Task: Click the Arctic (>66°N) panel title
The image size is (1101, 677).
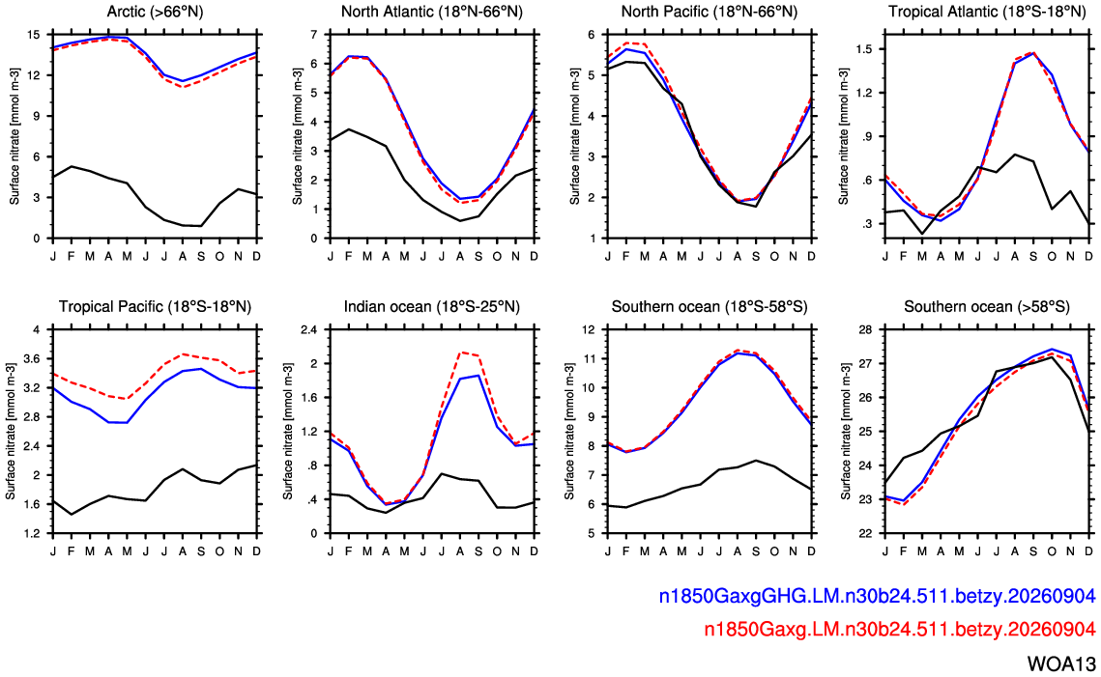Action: pos(156,12)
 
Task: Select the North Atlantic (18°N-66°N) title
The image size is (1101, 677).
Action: pos(432,12)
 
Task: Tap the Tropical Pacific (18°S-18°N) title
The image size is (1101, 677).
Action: pos(156,306)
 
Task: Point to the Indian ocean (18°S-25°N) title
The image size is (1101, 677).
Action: pos(432,306)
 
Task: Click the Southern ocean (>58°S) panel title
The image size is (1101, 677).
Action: pos(987,306)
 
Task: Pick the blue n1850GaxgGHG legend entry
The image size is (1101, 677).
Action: pos(877,596)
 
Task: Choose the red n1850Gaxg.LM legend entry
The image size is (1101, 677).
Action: pos(900,630)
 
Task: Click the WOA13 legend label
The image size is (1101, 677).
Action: pos(1061,663)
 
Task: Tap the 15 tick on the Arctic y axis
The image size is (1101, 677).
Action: pos(33,35)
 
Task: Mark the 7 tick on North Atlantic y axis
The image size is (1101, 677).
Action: pos(313,35)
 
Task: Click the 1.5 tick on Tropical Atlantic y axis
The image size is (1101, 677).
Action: pos(863,50)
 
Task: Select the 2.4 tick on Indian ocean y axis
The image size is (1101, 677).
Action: pos(309,329)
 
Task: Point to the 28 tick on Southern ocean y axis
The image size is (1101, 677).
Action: pos(866,329)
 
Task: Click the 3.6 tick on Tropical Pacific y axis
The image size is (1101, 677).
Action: pos(32,359)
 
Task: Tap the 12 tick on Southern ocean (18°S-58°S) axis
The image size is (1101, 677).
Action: pos(589,329)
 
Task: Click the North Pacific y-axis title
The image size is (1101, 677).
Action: pos(575,137)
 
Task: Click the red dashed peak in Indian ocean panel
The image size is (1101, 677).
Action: pos(461,353)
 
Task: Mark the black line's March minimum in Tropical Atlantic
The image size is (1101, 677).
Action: pos(922,234)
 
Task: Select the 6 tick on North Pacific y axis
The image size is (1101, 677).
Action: pos(592,35)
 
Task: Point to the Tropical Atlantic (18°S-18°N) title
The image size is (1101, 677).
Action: pos(987,12)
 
